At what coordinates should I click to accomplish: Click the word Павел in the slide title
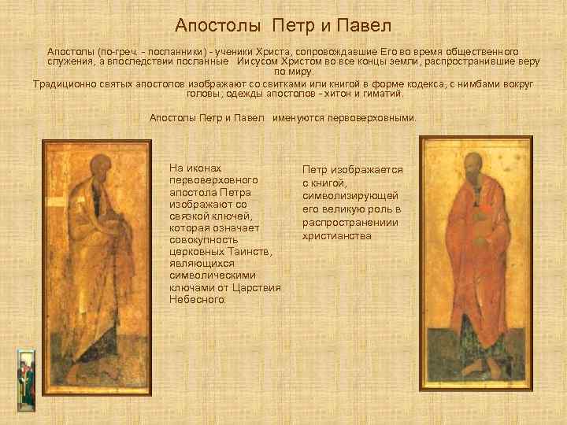tap(364, 26)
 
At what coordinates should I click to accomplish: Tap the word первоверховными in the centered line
tap(375, 118)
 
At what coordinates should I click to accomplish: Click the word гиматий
tap(380, 94)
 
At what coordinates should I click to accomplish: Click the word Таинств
tap(248, 251)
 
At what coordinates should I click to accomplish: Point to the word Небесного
tap(196, 300)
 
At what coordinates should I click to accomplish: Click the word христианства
tap(336, 235)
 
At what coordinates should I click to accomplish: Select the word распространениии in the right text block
tap(350, 222)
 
